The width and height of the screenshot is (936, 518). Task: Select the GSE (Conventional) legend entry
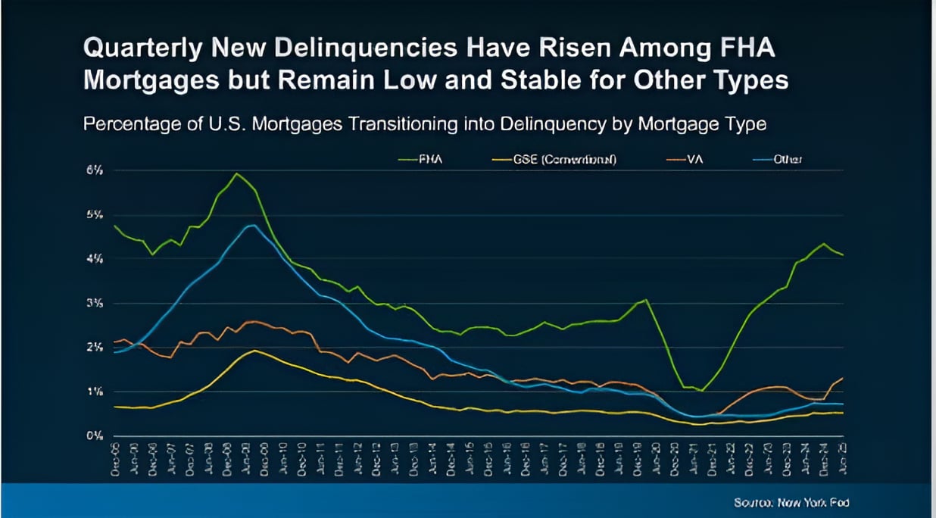click(563, 160)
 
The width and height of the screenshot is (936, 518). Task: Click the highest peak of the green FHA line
click(237, 173)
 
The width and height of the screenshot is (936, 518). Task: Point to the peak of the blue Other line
click(251, 225)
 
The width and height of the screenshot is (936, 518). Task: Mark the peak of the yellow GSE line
click(255, 350)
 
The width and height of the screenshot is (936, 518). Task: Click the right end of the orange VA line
click(843, 378)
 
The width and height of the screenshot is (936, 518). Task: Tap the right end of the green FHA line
click(843, 255)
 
